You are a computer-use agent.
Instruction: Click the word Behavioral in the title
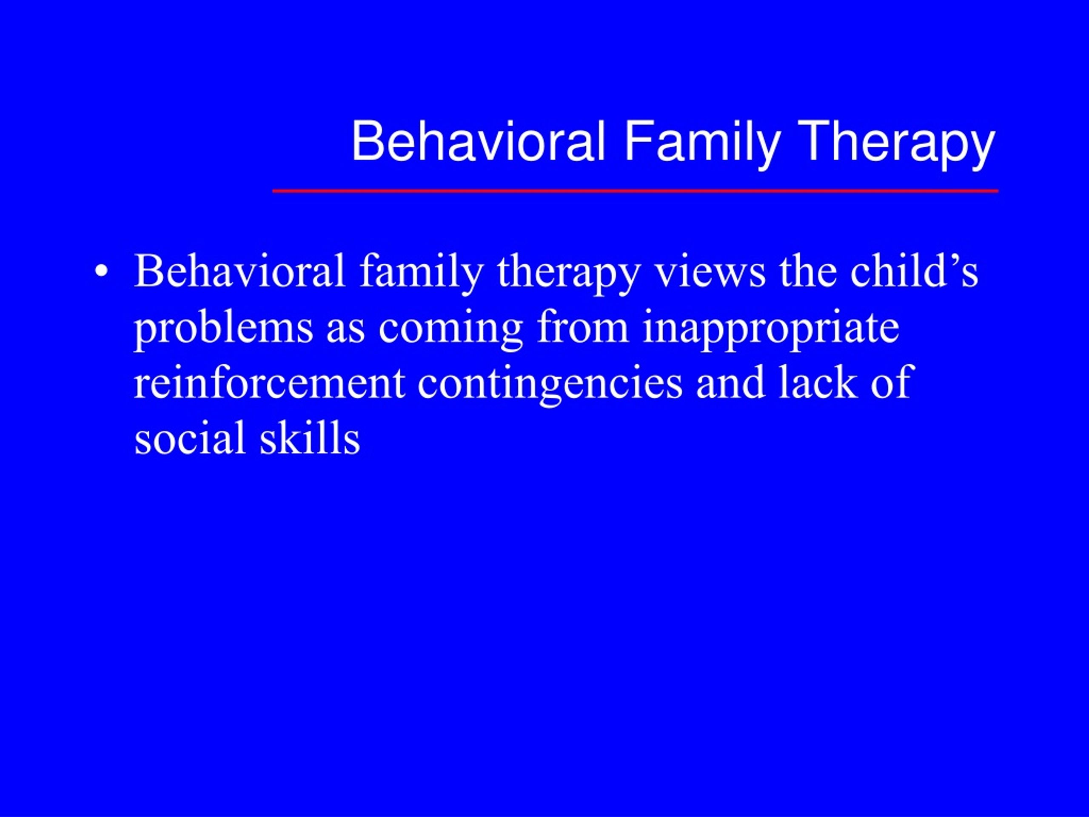(478, 142)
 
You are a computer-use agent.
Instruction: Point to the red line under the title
(635, 191)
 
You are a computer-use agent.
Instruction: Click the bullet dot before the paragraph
(101, 272)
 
